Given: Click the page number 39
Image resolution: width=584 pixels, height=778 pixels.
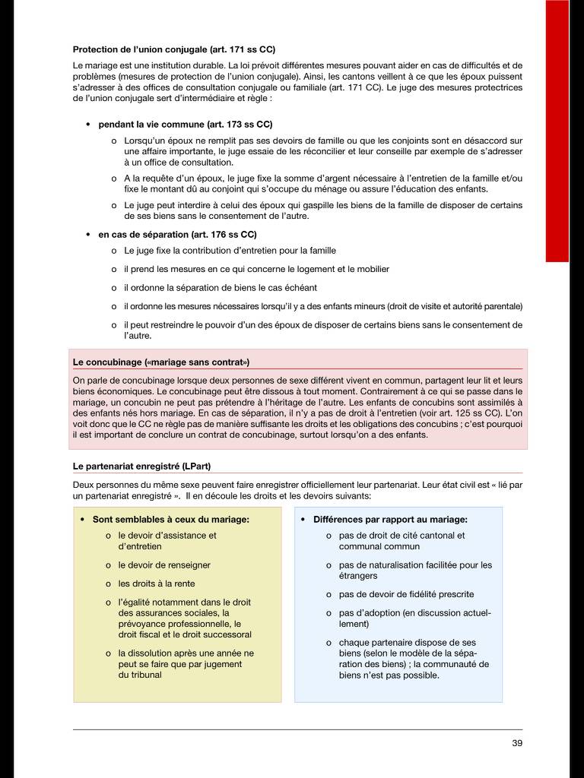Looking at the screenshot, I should (x=517, y=743).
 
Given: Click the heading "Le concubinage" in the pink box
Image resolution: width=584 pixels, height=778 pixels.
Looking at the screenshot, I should (x=161, y=362).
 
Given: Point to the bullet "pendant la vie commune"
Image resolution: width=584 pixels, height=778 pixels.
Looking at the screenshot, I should (x=186, y=124).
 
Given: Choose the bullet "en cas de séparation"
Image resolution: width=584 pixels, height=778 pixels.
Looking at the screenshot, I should (x=178, y=235).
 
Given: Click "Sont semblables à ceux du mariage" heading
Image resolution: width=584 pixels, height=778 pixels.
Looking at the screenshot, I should (x=171, y=520).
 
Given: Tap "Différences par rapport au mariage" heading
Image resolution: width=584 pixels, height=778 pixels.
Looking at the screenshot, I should (x=390, y=520).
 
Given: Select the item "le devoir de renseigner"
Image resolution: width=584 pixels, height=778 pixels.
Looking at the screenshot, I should (x=164, y=565).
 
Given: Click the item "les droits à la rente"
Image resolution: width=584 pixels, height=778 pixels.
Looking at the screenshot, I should (x=157, y=583).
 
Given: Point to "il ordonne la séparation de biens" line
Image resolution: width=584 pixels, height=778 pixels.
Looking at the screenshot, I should (x=221, y=288).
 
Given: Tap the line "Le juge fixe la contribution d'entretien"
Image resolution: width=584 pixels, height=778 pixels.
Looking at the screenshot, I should (x=230, y=251).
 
